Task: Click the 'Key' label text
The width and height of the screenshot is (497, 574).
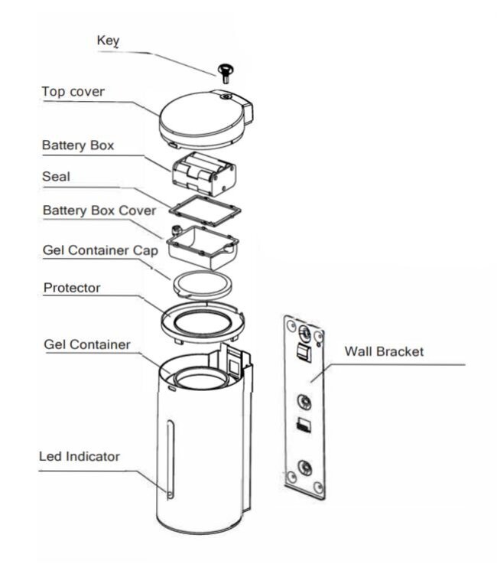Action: [106, 41]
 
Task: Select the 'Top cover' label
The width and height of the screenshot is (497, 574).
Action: [73, 93]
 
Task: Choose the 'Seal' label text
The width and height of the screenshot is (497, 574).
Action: [56, 176]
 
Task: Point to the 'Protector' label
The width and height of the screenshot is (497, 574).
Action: [72, 288]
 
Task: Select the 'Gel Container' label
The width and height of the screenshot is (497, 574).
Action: [86, 345]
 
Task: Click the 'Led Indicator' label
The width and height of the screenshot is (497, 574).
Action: [80, 457]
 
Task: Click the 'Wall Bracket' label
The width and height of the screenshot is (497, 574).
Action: [384, 352]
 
